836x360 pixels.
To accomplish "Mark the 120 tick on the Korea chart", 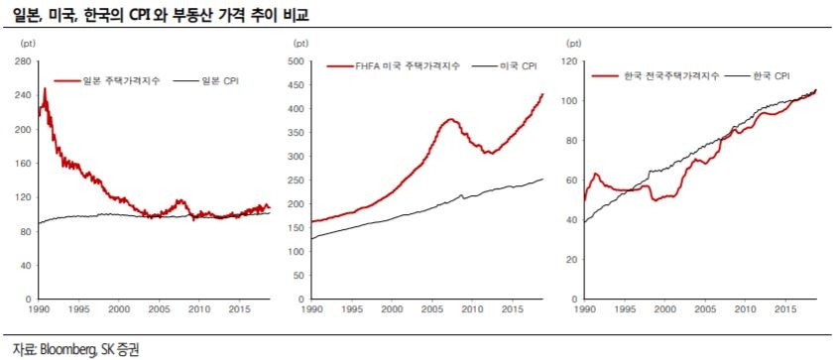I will click(x=568, y=61).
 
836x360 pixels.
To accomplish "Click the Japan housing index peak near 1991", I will click(x=45, y=89).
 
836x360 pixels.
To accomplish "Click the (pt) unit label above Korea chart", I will click(x=573, y=43).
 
